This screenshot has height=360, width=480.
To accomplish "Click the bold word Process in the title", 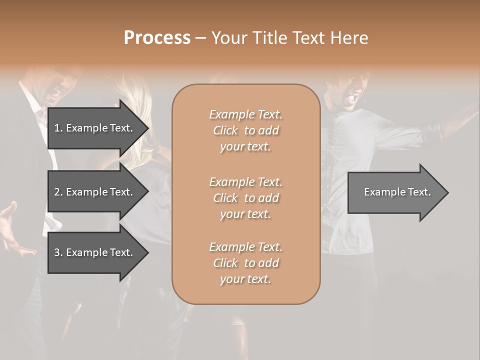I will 157,38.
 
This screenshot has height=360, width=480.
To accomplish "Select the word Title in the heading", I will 270,38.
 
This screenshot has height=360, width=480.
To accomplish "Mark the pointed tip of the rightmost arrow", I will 447,192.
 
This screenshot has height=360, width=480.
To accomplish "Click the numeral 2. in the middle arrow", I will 58,192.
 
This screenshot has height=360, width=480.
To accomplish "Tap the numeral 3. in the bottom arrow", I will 58,252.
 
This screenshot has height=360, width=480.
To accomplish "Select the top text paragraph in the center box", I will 245,130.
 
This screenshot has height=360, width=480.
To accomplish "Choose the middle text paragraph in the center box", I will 245,198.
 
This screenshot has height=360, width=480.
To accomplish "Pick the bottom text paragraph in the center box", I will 245,263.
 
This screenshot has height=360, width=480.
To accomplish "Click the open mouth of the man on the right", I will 354,95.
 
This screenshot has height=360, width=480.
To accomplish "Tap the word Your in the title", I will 229,38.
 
